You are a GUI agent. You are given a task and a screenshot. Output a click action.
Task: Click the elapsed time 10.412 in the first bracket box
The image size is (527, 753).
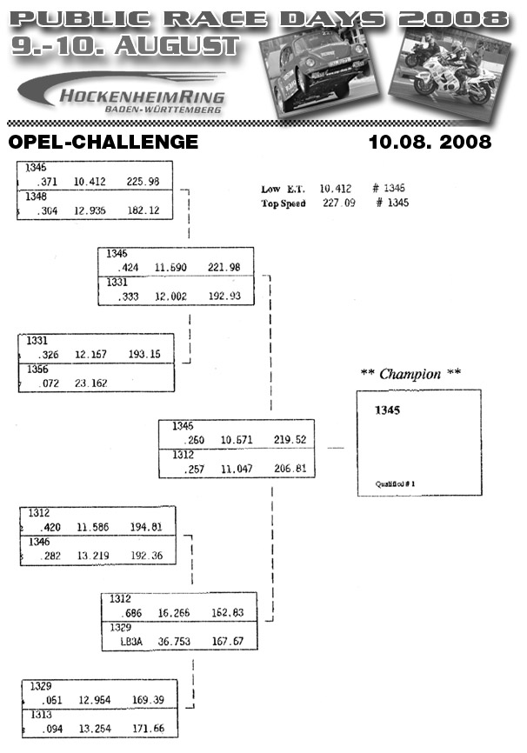(90, 182)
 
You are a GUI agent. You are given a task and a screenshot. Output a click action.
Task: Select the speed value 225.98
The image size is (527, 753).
(143, 182)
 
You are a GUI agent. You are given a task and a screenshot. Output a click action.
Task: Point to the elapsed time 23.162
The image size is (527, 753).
(90, 383)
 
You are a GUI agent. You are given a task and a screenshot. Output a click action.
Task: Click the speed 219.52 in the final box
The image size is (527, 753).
(289, 440)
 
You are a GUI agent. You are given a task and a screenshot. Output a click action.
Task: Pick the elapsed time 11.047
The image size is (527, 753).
(237, 469)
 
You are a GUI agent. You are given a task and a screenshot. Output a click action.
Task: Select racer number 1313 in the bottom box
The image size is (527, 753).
(41, 715)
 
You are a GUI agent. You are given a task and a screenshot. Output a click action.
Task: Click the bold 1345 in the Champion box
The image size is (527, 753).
(387, 410)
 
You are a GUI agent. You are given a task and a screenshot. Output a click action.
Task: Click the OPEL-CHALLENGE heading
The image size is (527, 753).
(103, 142)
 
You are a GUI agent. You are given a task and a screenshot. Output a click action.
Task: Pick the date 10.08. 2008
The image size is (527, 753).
(430, 142)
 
